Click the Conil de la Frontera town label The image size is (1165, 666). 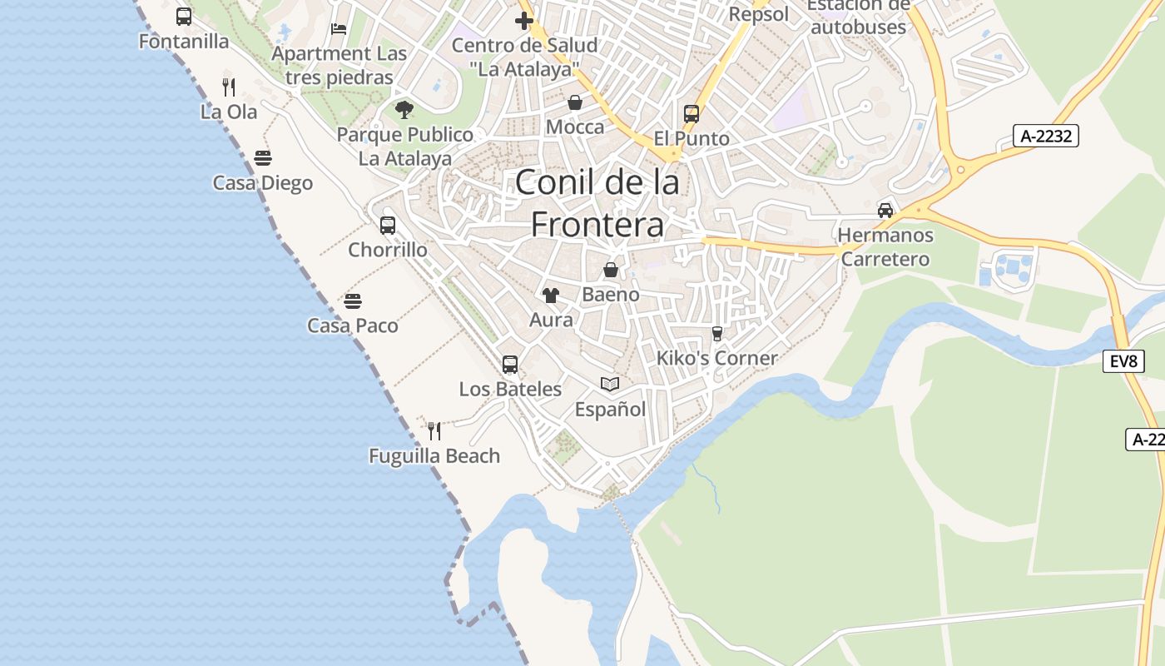(597, 203)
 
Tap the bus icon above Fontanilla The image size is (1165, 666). (184, 17)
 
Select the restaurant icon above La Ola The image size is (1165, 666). (229, 87)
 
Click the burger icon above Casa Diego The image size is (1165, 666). (263, 158)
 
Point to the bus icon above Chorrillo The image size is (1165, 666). (388, 225)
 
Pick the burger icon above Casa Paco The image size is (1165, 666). (353, 301)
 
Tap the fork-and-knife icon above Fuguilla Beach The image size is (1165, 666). (434, 430)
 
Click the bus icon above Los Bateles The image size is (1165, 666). (510, 364)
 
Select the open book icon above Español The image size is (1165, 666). (611, 384)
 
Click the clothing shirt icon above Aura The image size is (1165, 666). (550, 295)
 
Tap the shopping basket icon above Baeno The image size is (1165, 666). (611, 270)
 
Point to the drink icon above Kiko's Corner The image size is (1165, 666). (717, 333)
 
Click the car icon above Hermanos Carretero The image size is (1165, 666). (885, 210)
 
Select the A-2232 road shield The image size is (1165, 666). (1045, 136)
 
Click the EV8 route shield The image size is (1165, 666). (1123, 361)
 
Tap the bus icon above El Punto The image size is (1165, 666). (692, 114)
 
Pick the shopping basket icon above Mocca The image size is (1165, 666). (575, 102)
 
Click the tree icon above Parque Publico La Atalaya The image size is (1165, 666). (404, 109)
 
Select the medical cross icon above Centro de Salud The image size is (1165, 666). (524, 21)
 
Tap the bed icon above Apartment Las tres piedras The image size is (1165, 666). (339, 28)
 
